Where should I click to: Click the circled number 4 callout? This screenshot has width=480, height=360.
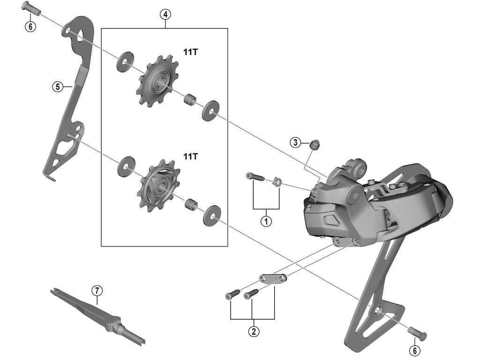(x=165, y=15)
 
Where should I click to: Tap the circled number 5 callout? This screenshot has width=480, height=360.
(x=57, y=86)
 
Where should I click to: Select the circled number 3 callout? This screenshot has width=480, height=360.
(x=295, y=142)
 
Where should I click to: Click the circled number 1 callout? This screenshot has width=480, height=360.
(x=266, y=221)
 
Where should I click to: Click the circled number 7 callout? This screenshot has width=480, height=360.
(x=97, y=291)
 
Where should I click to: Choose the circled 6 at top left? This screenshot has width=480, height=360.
(x=29, y=27)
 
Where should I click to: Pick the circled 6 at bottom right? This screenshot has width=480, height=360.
(x=414, y=350)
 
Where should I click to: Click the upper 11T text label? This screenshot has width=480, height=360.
(x=190, y=53)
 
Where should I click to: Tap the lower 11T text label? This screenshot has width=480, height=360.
(x=190, y=156)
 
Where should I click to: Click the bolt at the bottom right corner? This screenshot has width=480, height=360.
(x=419, y=333)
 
